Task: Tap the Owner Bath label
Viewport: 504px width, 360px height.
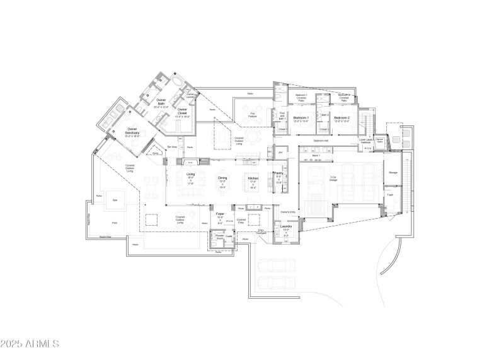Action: click(x=161, y=102)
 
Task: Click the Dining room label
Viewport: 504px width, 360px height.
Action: click(x=222, y=178)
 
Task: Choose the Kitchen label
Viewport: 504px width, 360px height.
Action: click(x=253, y=178)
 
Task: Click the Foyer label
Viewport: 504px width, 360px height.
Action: click(x=220, y=214)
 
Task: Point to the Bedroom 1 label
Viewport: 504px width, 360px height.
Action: click(x=301, y=118)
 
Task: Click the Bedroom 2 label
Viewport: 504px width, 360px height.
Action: click(x=342, y=118)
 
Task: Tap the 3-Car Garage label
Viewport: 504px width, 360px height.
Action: click(x=334, y=179)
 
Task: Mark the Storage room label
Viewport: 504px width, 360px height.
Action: click(x=392, y=171)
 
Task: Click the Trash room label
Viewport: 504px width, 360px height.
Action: click(x=390, y=194)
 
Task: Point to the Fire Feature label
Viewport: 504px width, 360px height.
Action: click(x=252, y=115)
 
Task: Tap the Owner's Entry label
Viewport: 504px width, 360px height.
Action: click(x=288, y=212)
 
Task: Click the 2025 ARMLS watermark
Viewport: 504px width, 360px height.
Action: click(x=30, y=344)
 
